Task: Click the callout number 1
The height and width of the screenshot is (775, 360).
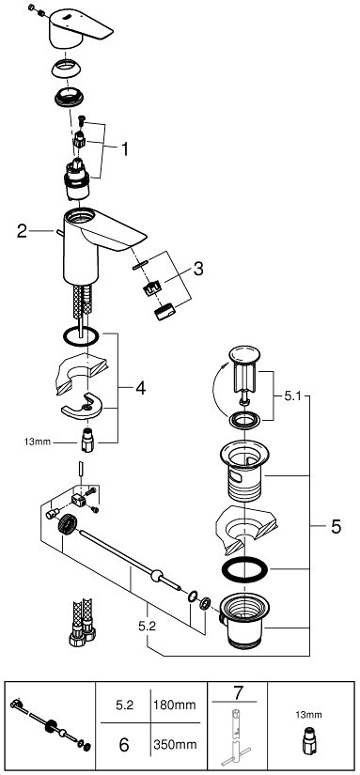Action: click(125, 148)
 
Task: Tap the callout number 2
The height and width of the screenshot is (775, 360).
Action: click(22, 231)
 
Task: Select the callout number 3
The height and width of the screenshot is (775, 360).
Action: click(197, 269)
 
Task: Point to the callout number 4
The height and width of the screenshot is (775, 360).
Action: click(140, 389)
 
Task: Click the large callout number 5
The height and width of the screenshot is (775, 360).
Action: click(336, 527)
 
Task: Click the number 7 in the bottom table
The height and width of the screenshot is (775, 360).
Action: click(239, 693)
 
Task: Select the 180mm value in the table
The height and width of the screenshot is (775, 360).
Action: click(174, 704)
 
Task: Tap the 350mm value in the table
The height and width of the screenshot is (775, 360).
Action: click(174, 744)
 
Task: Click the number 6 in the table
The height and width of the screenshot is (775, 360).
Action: click(124, 744)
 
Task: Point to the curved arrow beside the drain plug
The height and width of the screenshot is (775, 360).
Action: click(215, 388)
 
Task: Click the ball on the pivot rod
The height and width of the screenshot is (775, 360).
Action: click(158, 575)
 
